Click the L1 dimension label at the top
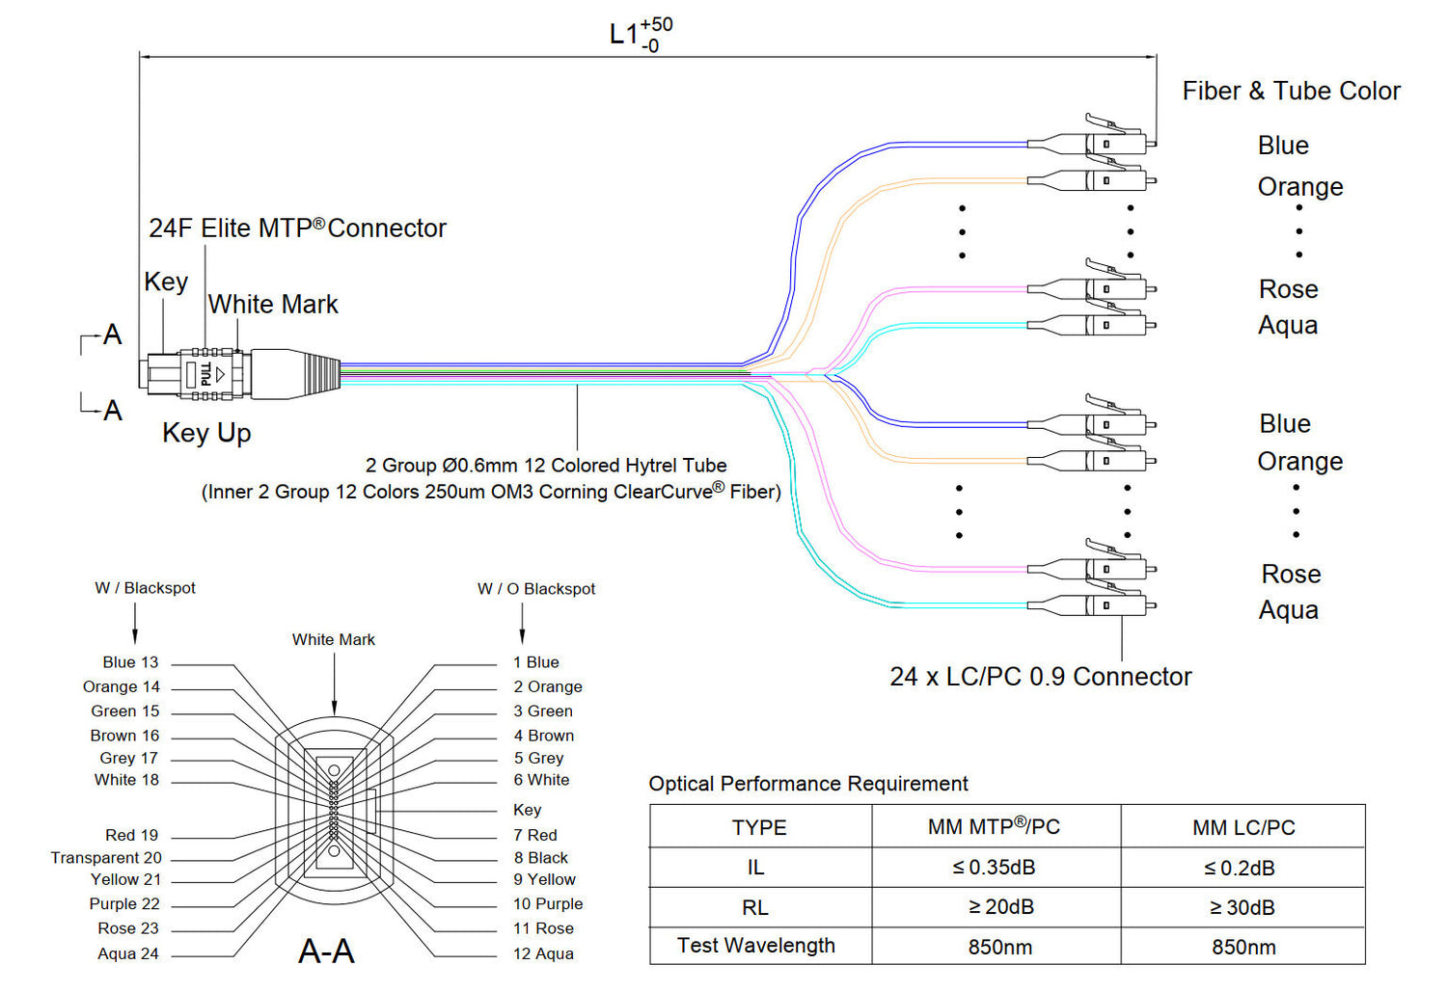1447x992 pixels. point(640,35)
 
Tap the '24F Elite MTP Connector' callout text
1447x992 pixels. point(297,228)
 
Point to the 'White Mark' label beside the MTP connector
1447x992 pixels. point(273,305)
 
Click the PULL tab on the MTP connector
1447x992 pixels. point(205,374)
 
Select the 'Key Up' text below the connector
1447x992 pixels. point(206,433)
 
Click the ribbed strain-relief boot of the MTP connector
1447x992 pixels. point(322,374)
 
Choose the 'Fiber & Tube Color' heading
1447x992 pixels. point(1291,92)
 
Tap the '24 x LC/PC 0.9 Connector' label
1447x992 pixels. point(1040,677)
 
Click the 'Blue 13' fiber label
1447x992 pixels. point(130,662)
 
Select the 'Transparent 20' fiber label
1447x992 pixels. point(106,857)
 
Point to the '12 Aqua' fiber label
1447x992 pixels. point(543,953)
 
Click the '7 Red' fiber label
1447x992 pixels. point(535,835)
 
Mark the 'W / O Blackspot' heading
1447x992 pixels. point(536,589)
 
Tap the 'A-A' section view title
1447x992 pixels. point(326,952)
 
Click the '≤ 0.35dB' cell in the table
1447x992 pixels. point(995,868)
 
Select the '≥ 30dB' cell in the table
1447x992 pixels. point(1242,907)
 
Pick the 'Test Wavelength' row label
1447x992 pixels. point(756,946)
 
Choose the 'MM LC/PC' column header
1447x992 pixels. point(1242,827)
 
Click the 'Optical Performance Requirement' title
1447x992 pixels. point(808,784)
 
